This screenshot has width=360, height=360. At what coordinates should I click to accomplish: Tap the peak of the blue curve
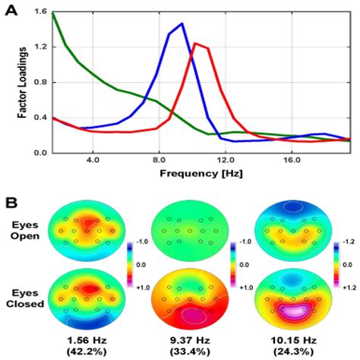click(182, 24)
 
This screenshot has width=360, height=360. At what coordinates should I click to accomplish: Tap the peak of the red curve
click(196, 43)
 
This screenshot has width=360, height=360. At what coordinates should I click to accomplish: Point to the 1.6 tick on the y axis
click(38, 13)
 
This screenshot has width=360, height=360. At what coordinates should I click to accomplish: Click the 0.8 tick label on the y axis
click(38, 83)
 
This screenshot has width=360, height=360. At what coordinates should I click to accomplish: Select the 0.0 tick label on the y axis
click(38, 153)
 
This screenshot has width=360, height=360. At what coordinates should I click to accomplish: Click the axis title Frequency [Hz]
click(201, 175)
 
